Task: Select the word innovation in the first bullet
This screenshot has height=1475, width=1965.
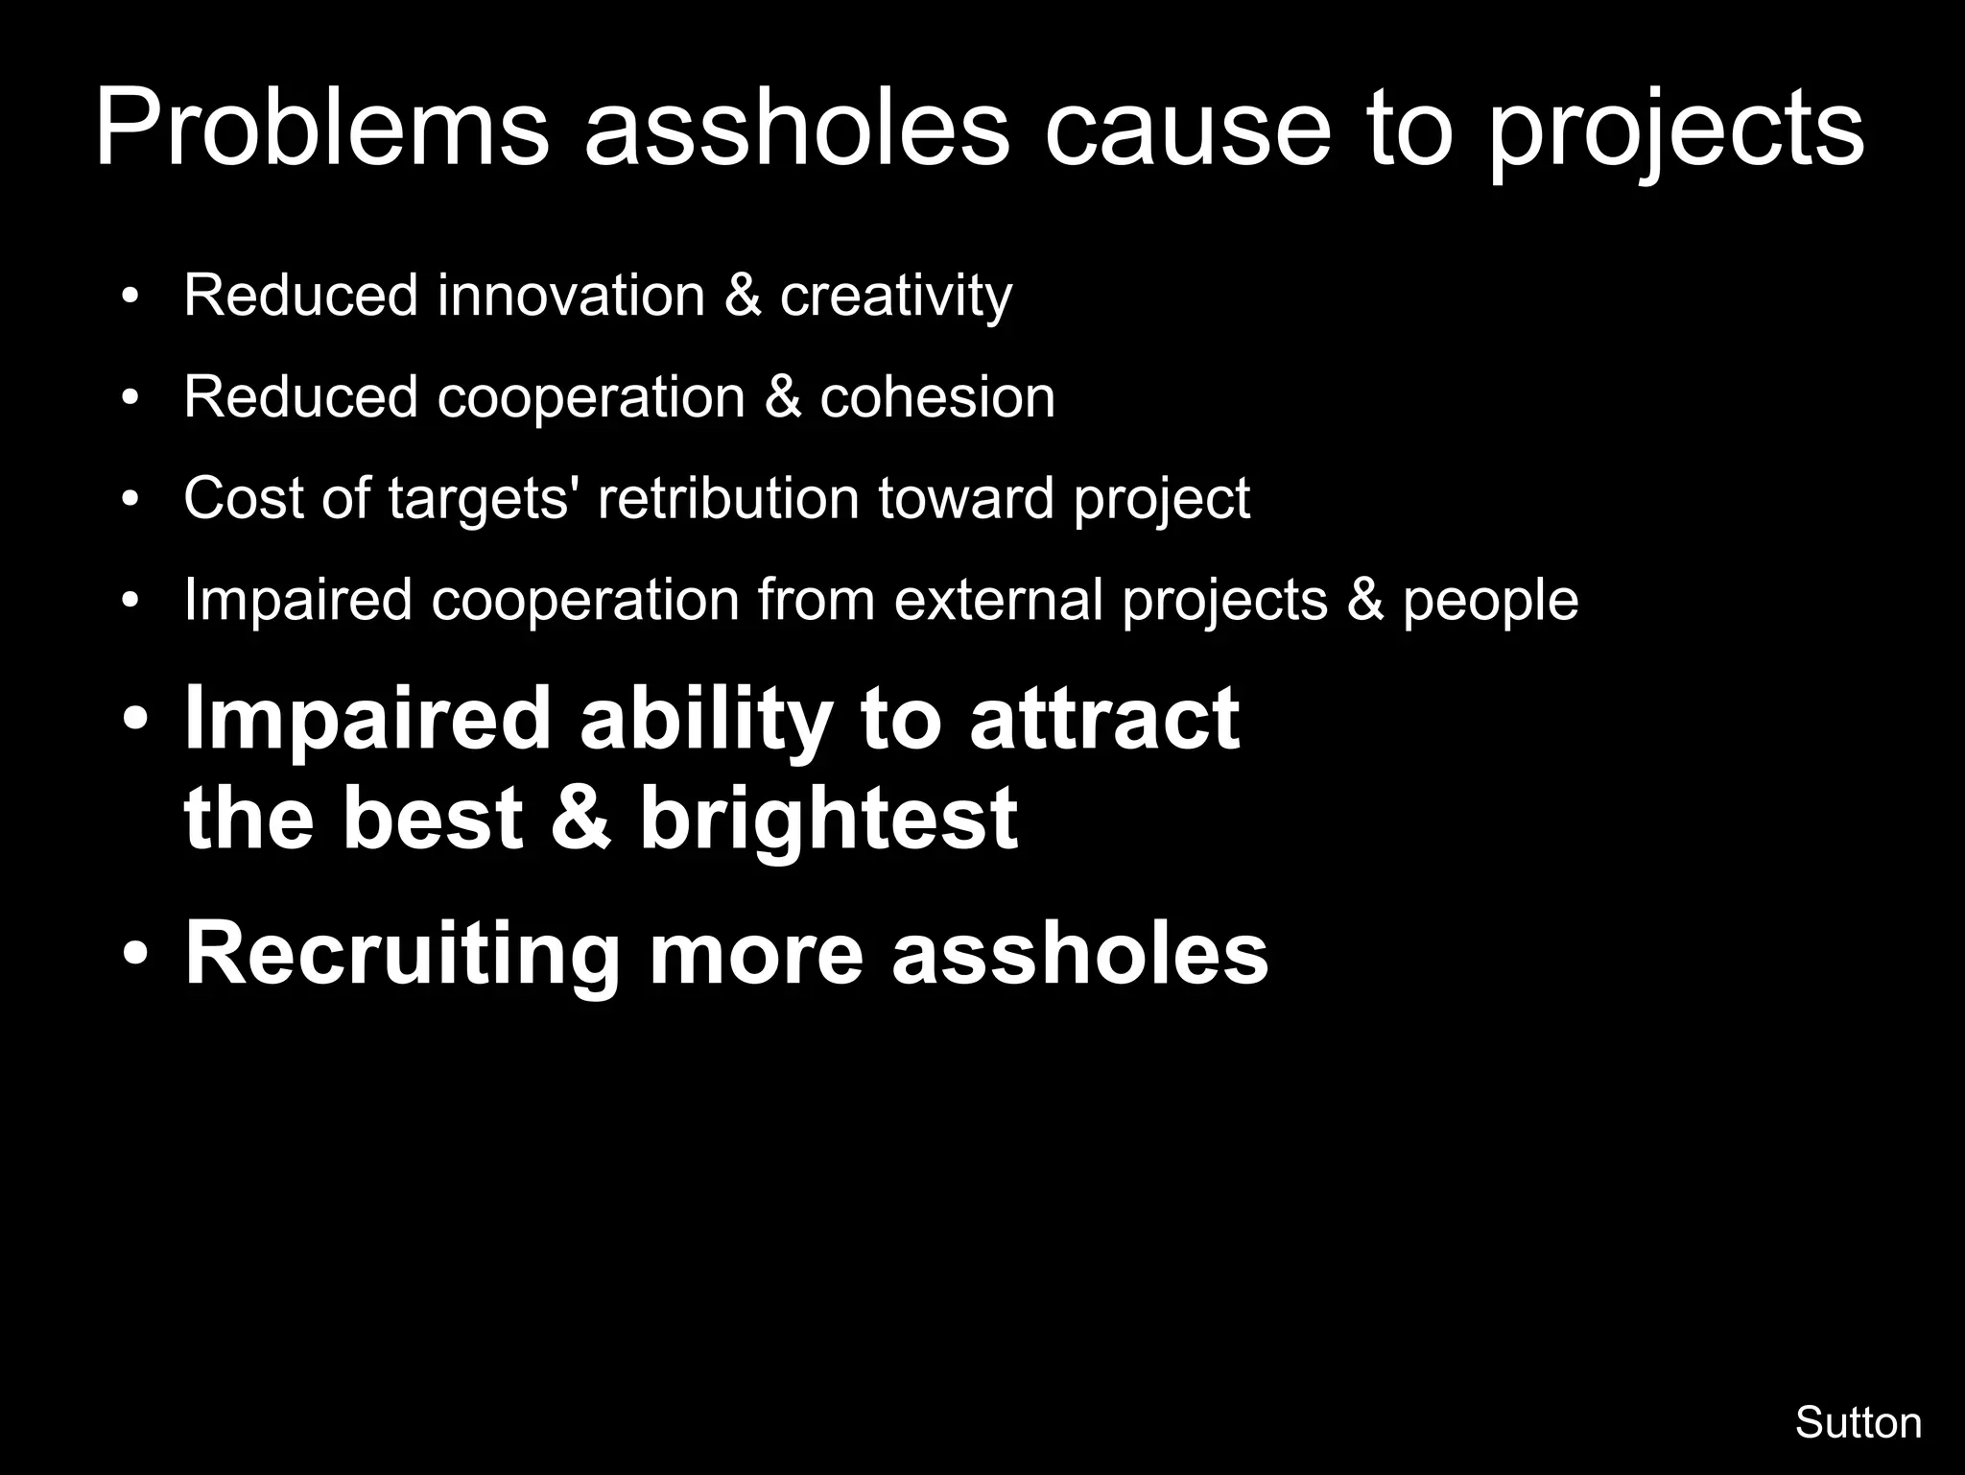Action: click(x=571, y=295)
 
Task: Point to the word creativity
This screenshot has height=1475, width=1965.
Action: click(x=895, y=297)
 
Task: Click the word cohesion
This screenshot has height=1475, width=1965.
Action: click(x=937, y=396)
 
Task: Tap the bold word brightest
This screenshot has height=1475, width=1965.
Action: click(x=828, y=819)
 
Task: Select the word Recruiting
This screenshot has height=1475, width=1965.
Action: click(x=402, y=955)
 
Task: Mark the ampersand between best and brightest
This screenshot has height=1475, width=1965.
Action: click(x=581, y=819)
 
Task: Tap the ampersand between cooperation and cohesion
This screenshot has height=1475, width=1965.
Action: click(x=783, y=396)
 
